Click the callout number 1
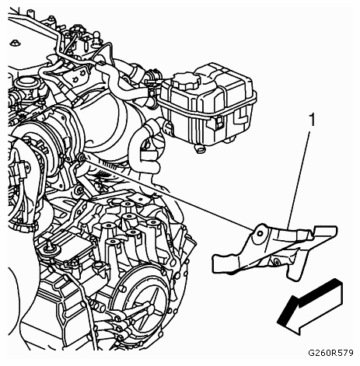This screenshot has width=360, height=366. click(x=313, y=120)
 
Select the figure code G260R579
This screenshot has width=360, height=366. click(x=330, y=353)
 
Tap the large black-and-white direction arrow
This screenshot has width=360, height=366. click(x=310, y=307)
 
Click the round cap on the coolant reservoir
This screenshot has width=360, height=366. click(x=187, y=80)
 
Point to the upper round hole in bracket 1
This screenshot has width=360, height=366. click(x=260, y=234)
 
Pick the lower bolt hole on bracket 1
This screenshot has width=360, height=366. click(x=277, y=262)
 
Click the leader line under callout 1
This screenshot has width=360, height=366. click(x=299, y=180)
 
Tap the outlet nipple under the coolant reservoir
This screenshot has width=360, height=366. click(x=201, y=148)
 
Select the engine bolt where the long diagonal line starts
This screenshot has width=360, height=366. click(x=82, y=157)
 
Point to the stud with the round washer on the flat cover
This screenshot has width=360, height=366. click(x=48, y=248)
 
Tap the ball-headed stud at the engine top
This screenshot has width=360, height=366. click(x=96, y=36)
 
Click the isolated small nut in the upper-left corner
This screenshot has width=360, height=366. click(x=15, y=43)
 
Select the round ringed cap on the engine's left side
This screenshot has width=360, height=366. click(x=23, y=83)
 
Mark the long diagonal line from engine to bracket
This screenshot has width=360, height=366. click(x=167, y=194)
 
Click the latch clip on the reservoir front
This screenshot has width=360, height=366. click(x=219, y=122)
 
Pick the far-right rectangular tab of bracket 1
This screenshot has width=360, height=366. click(x=326, y=232)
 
